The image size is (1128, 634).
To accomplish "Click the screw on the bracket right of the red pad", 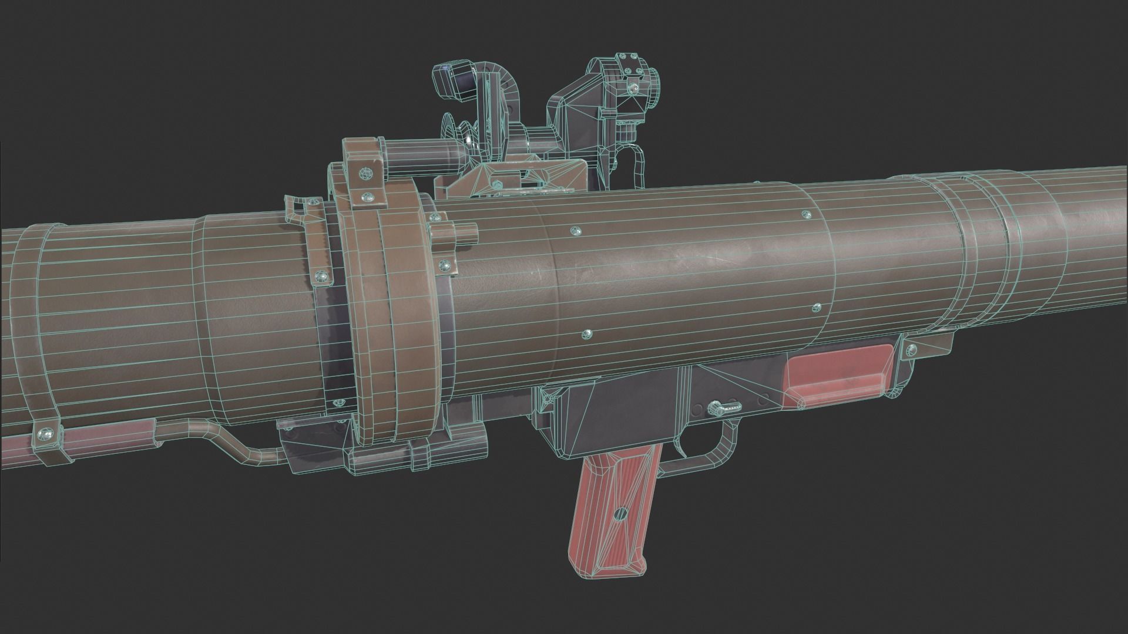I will click(x=911, y=352).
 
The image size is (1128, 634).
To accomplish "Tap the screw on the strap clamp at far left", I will click(x=42, y=434).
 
